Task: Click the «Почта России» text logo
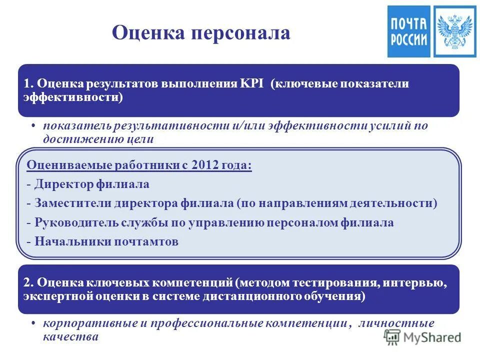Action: pyautogui.click(x=408, y=31)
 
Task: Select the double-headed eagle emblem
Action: pyautogui.click(x=454, y=31)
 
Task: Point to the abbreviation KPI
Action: pyautogui.click(x=254, y=83)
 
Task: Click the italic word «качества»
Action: pyautogui.click(x=70, y=336)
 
